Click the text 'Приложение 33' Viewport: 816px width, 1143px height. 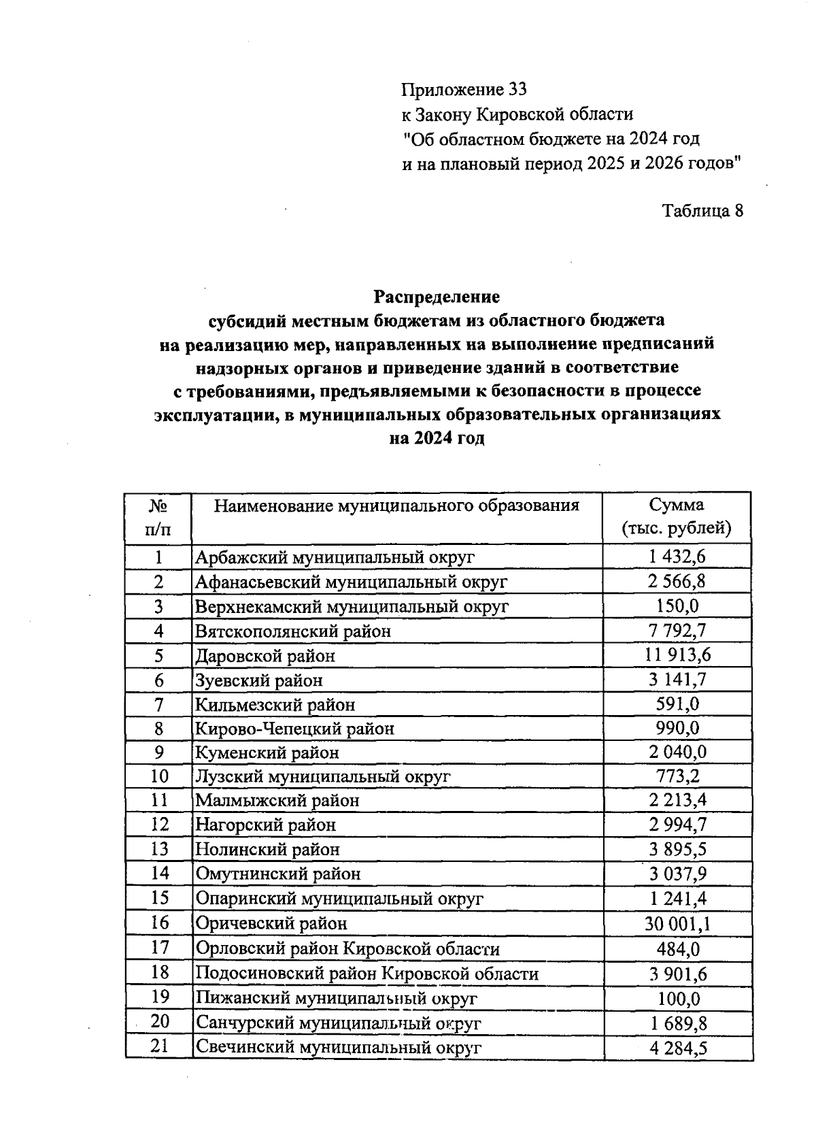[x=464, y=90]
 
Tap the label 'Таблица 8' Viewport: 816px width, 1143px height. [x=703, y=211]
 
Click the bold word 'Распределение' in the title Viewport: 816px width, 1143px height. [x=437, y=297]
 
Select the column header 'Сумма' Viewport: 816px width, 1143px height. [x=677, y=506]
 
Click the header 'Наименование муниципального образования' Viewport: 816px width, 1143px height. [x=396, y=506]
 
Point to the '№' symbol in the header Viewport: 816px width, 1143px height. [x=158, y=506]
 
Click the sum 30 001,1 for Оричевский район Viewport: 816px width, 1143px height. [x=677, y=924]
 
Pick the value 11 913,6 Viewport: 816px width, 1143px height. [x=677, y=656]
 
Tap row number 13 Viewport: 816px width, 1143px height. [x=159, y=849]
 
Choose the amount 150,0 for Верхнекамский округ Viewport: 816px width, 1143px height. [x=677, y=606]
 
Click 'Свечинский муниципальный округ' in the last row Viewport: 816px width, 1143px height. [x=338, y=1048]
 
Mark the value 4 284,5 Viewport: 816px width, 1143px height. [x=678, y=1048]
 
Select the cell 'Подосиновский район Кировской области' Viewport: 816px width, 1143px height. [x=367, y=974]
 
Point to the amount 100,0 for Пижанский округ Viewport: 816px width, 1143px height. [x=678, y=999]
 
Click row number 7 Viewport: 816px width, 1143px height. [x=159, y=704]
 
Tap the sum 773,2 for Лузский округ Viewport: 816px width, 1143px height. [x=677, y=776]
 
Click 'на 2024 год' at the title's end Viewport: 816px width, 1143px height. [x=437, y=439]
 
